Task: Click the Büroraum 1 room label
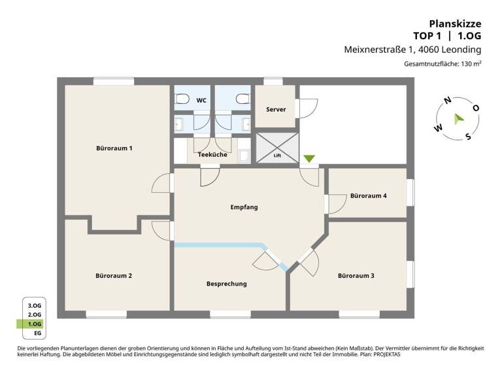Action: click(x=114, y=148)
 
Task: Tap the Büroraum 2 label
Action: click(x=114, y=276)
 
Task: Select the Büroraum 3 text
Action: click(x=356, y=276)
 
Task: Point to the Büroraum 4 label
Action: click(x=368, y=195)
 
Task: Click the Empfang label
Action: click(x=244, y=207)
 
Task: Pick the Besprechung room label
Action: click(x=226, y=284)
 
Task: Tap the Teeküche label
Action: click(x=212, y=155)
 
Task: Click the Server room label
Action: click(x=276, y=109)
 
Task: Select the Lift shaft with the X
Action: click(x=277, y=147)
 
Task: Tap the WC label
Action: click(x=201, y=101)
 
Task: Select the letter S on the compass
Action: click(x=468, y=136)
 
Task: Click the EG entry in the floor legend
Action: click(x=35, y=333)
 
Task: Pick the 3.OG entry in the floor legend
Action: click(x=35, y=305)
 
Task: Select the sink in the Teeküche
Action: click(x=244, y=156)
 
